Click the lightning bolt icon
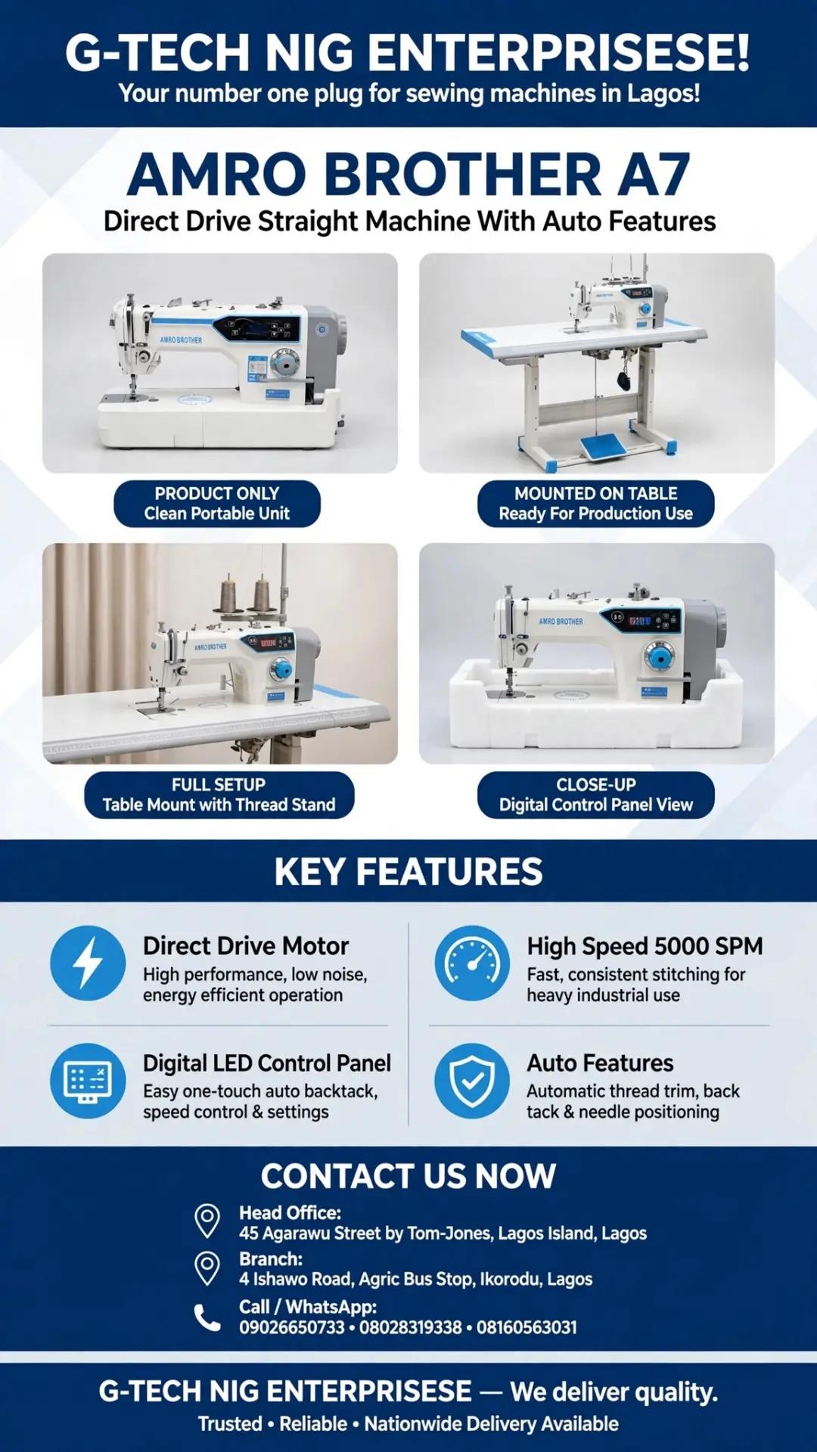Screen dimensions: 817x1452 88,963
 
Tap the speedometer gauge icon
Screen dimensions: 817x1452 472,963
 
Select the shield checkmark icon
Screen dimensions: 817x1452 472,1081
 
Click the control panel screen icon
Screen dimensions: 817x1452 88,1081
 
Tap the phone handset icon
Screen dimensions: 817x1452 207,1317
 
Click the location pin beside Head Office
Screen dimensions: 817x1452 207,1221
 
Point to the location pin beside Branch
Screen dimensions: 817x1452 207,1268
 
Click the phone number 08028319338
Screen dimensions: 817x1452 410,1327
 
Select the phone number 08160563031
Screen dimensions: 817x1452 527,1327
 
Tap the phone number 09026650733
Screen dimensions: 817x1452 292,1327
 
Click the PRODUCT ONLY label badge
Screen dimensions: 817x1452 217,504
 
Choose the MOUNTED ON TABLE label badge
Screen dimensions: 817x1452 596,504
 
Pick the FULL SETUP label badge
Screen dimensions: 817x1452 219,795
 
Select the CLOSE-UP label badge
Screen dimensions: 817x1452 596,795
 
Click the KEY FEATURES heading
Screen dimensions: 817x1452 408,871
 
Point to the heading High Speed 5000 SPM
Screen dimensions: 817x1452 645,946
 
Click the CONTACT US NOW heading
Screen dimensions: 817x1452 408,1176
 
